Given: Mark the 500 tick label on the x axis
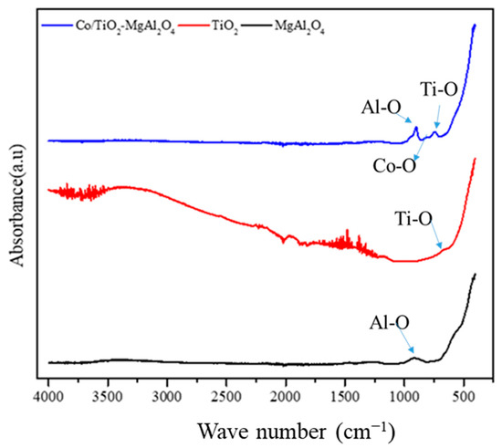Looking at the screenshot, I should tap(464, 397).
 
